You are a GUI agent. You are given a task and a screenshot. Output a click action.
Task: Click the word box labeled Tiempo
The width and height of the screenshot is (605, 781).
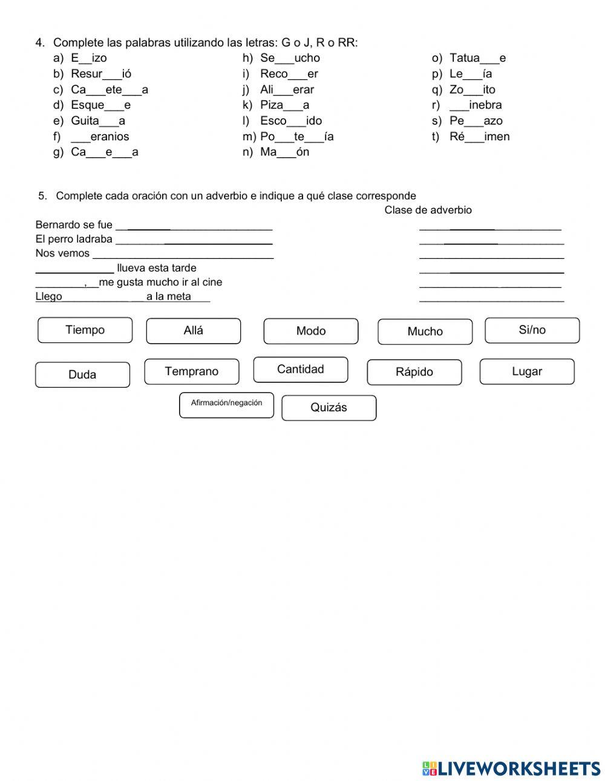coord(85,330)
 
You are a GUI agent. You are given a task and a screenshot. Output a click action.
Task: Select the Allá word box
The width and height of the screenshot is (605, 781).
coord(194,331)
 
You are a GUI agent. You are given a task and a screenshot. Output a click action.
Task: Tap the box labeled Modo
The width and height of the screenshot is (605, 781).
coord(311,332)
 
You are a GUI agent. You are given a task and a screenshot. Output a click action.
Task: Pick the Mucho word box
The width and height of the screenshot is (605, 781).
coord(425,332)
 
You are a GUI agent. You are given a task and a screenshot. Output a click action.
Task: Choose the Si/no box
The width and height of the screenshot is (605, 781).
coord(532,330)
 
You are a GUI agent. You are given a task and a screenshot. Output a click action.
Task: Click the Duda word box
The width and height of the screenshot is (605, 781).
coord(82,375)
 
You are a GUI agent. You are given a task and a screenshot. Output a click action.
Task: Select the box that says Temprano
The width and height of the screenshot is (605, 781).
coord(191,371)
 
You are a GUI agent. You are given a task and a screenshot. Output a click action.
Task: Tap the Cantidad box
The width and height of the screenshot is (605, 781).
coord(301,370)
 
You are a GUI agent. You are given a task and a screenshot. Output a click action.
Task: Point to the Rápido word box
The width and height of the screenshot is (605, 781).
coord(414,372)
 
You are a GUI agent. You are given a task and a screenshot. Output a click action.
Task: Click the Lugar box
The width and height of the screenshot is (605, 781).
coord(527,371)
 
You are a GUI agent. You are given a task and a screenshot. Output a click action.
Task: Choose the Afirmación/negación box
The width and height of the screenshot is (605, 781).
coord(226,405)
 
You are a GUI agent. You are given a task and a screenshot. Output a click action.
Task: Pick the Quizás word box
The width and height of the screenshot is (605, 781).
coord(329,408)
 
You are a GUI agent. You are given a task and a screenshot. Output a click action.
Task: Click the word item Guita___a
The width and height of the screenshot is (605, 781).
coord(98,121)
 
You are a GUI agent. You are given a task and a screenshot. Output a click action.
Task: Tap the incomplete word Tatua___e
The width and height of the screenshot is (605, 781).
coord(477,58)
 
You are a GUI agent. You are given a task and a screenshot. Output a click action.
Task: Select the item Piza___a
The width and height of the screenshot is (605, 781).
coord(284,105)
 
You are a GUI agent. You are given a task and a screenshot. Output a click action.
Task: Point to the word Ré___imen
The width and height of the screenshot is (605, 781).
coord(479,137)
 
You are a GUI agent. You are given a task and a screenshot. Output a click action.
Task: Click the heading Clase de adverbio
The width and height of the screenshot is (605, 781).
coord(428,210)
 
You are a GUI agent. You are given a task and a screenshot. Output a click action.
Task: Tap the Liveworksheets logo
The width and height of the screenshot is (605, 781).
coord(511,768)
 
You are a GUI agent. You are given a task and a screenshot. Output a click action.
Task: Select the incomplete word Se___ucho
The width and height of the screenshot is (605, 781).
coord(290,58)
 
